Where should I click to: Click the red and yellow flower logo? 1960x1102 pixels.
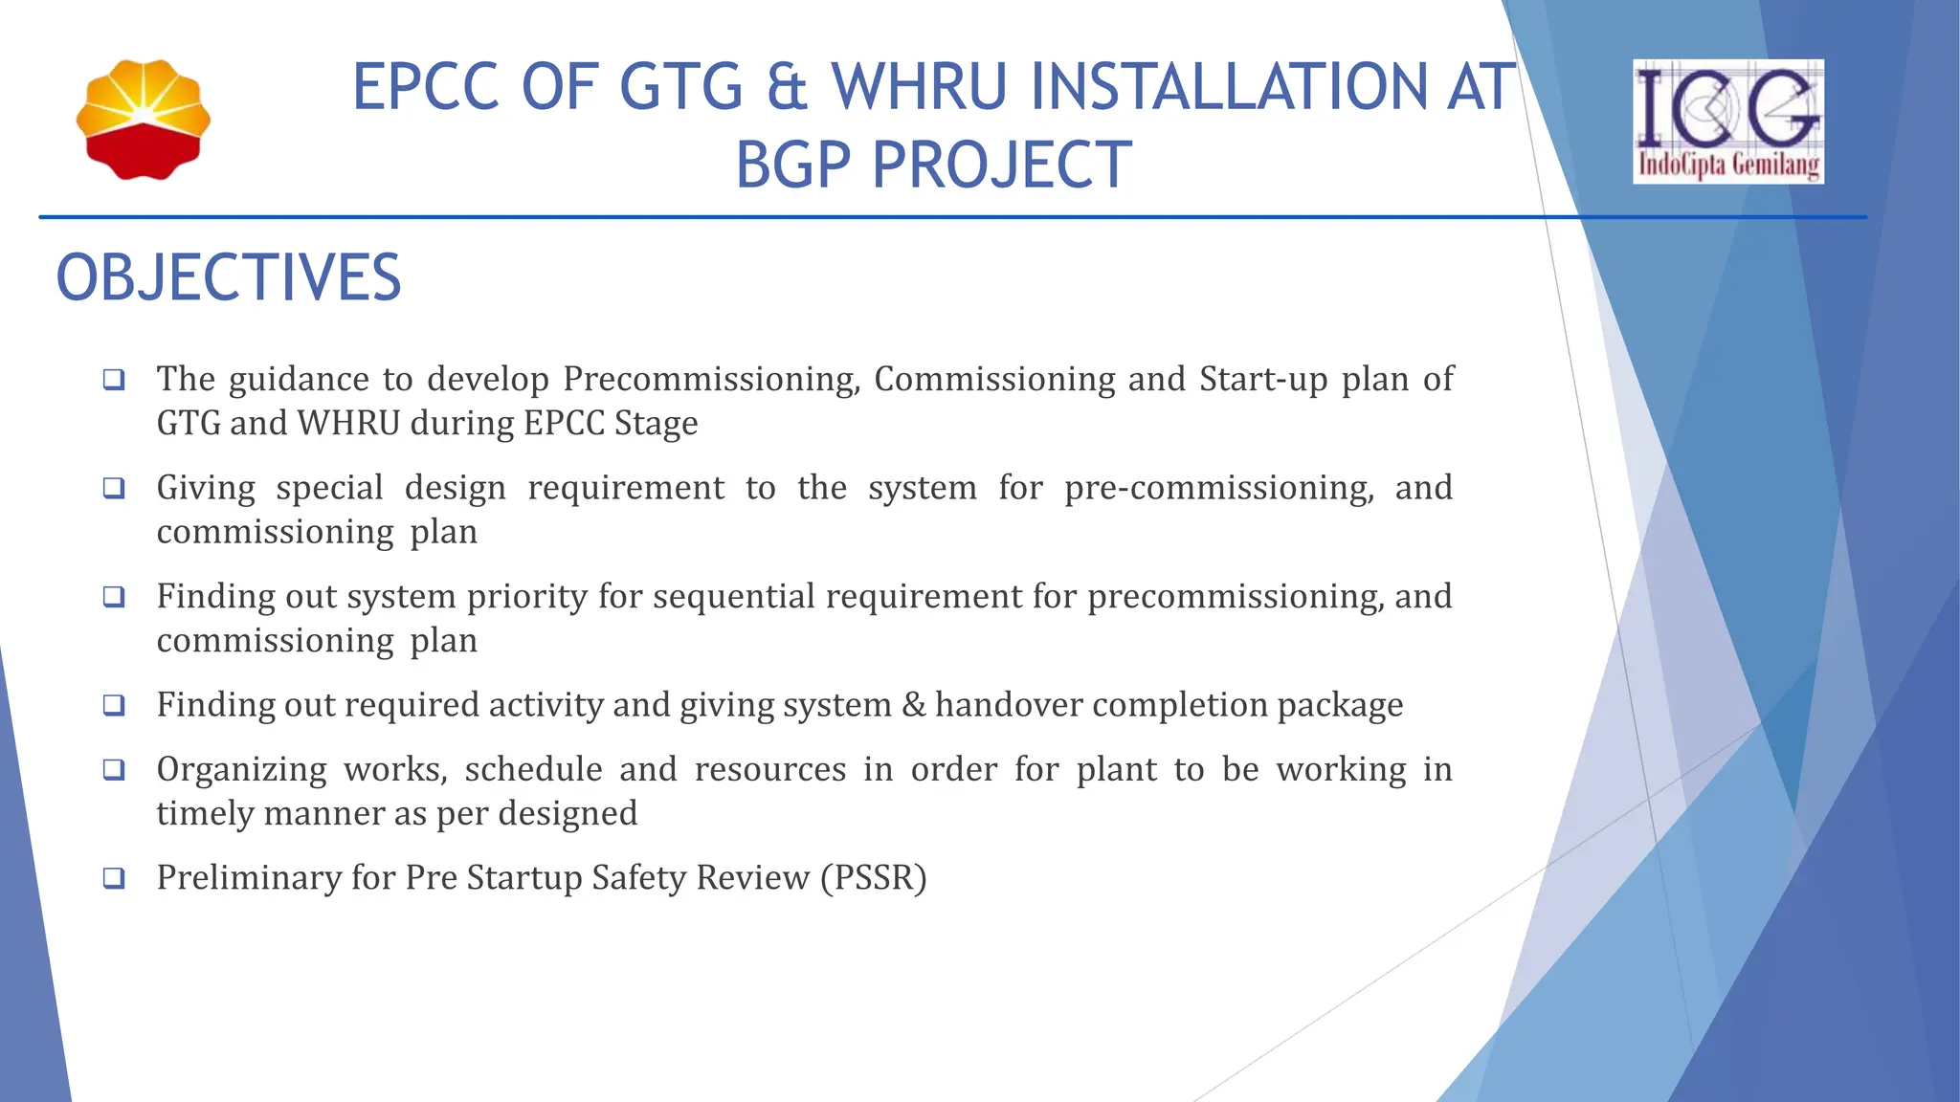[x=144, y=120]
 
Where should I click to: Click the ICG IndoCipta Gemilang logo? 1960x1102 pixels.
[x=1727, y=121]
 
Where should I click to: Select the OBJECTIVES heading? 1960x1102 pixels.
[x=229, y=278]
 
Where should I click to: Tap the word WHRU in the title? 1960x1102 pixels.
[x=919, y=86]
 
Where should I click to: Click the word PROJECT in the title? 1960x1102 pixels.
[x=1002, y=165]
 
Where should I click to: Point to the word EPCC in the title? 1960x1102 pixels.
[x=426, y=86]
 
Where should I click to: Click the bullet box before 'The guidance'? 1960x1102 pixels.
[x=114, y=380]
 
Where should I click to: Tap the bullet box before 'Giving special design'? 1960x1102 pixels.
[x=114, y=489]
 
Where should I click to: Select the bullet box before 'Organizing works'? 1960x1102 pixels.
[x=114, y=770]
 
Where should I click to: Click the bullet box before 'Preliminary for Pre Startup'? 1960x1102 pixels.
[x=114, y=878]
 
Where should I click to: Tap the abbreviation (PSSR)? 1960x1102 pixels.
[x=874, y=878]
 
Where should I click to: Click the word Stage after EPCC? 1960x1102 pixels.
[x=656, y=424]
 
